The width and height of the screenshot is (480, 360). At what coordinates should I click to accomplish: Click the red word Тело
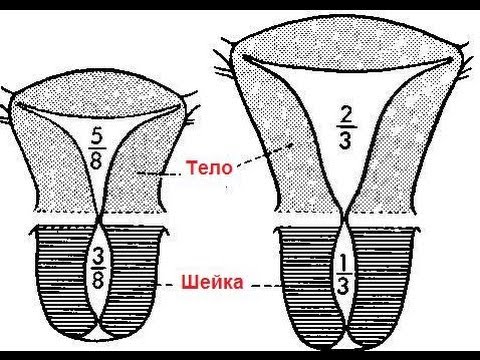(209, 167)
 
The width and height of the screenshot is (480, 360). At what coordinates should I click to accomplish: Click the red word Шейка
(212, 283)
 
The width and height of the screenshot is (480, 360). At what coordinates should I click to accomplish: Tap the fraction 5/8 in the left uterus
(97, 148)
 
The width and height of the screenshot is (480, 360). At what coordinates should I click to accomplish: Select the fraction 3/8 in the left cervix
(98, 269)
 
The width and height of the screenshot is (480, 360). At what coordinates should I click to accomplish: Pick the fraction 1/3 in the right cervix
(342, 275)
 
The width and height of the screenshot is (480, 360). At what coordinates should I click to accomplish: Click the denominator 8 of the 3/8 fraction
(98, 280)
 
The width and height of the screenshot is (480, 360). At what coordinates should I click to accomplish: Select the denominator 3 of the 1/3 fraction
(343, 286)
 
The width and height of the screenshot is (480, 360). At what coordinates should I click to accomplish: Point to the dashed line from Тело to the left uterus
(159, 174)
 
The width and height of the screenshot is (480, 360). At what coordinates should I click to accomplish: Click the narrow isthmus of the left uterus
(100, 218)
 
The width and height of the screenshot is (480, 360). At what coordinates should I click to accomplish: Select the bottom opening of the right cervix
(343, 344)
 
